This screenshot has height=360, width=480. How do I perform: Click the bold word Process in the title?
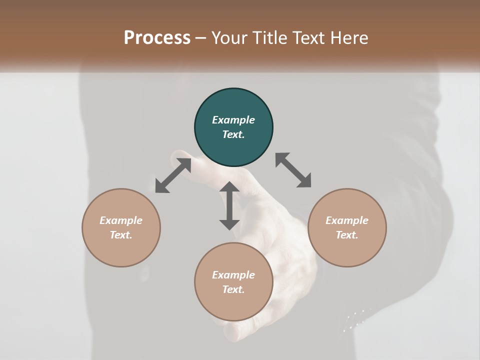[x=157, y=37]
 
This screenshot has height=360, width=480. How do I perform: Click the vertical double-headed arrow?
[x=229, y=205]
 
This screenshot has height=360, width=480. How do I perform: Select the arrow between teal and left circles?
[x=173, y=175]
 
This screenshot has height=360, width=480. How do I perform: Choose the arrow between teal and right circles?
[x=293, y=170]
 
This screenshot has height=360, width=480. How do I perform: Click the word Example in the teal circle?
[x=233, y=120]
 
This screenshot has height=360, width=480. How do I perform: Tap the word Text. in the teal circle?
[x=233, y=134]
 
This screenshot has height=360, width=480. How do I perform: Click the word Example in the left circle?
[x=121, y=220]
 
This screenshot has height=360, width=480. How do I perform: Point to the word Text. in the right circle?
[x=347, y=235]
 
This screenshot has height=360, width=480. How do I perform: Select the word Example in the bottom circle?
[x=233, y=275]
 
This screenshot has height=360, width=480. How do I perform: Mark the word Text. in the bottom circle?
[x=233, y=289]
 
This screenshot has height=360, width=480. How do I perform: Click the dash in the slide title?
[x=201, y=37]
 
